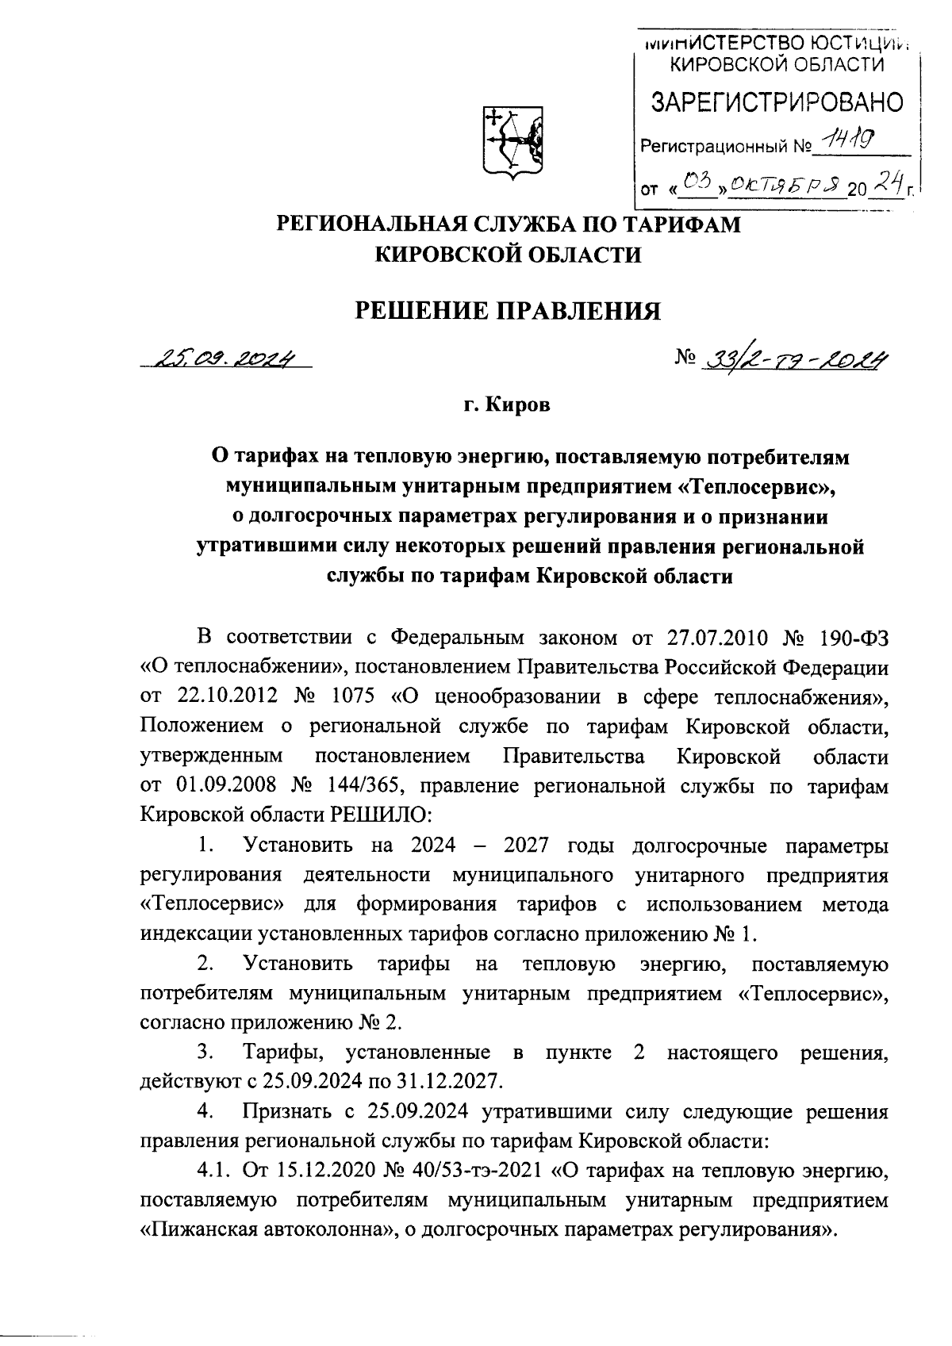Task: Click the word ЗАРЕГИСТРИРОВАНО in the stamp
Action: (x=777, y=102)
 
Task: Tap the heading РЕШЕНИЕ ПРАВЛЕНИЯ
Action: (x=507, y=309)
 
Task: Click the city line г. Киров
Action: (x=507, y=405)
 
